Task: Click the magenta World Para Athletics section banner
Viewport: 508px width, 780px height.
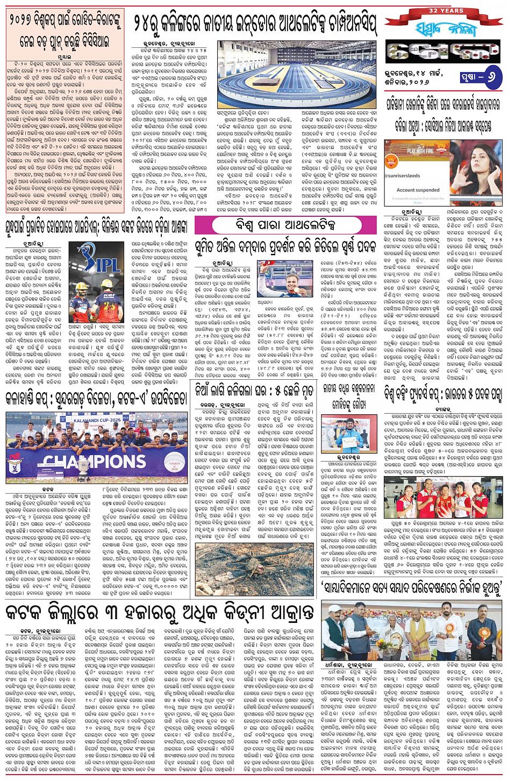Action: (x=285, y=223)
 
